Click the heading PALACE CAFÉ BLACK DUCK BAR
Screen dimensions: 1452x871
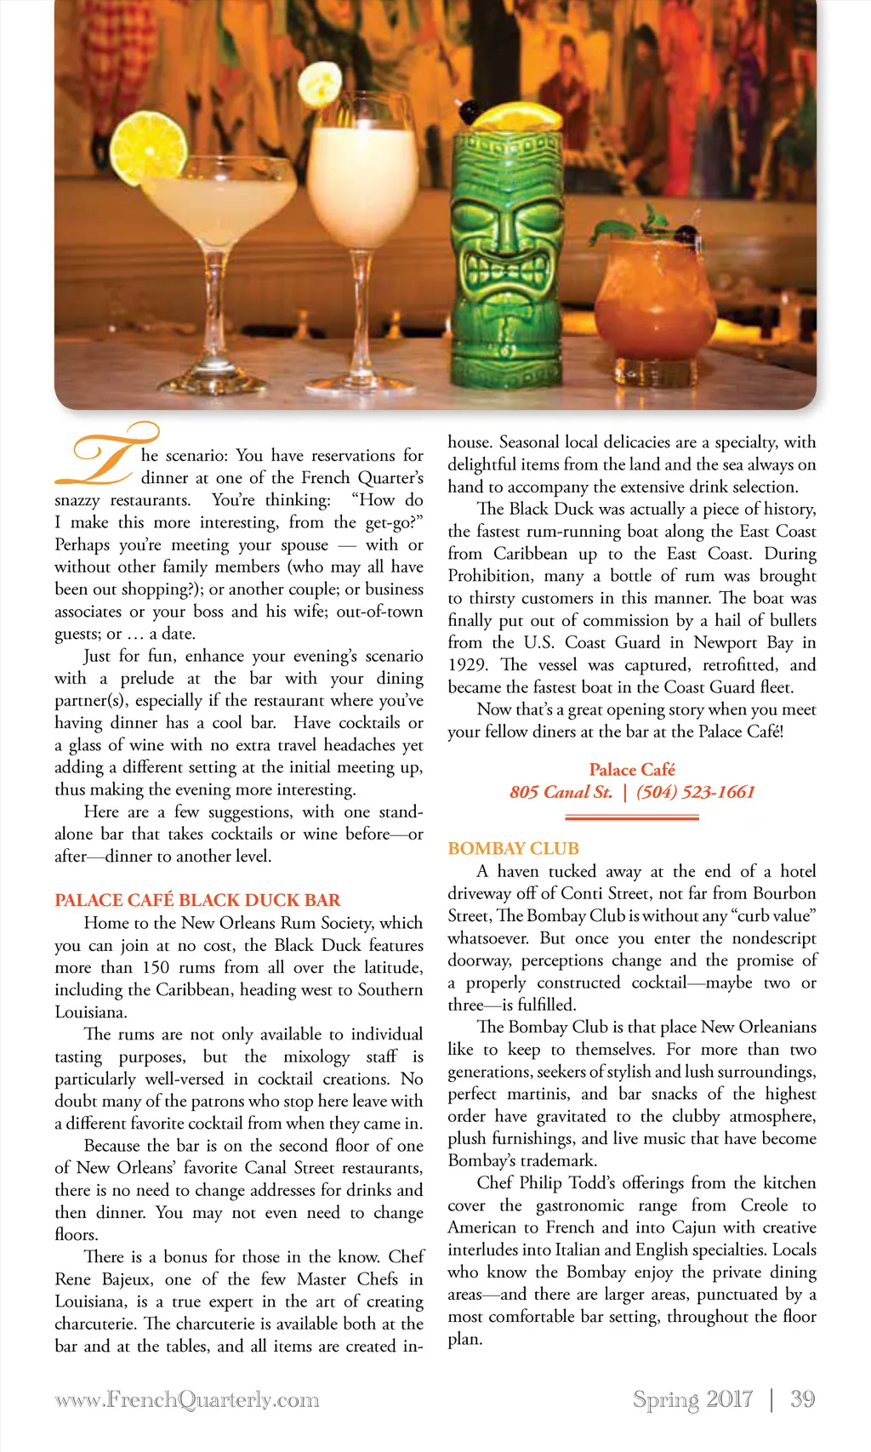(197, 900)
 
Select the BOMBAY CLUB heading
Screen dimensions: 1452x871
(513, 848)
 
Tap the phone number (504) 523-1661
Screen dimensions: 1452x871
(695, 792)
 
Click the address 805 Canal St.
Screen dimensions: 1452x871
(561, 792)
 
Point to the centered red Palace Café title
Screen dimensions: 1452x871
(632, 770)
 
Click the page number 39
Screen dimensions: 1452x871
(802, 1399)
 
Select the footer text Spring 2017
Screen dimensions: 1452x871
(692, 1399)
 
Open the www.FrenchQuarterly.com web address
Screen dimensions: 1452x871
(187, 1399)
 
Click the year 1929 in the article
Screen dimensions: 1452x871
(468, 664)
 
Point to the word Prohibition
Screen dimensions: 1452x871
(490, 576)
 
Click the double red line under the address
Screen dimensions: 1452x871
(632, 817)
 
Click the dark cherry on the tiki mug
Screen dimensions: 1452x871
(468, 111)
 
